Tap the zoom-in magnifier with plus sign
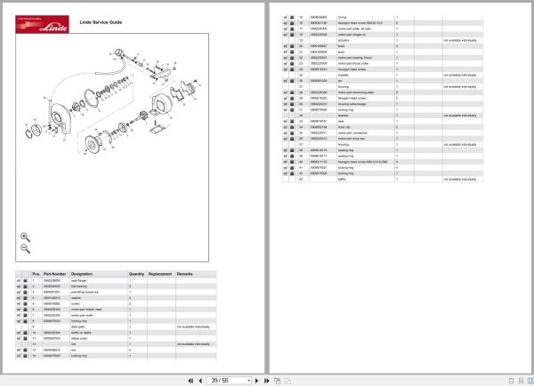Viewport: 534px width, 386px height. point(25,237)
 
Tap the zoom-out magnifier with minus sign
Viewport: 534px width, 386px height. point(25,250)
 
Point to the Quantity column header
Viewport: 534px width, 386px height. point(136,274)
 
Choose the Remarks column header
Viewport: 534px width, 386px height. point(185,274)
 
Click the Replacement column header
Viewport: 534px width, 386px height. point(159,274)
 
